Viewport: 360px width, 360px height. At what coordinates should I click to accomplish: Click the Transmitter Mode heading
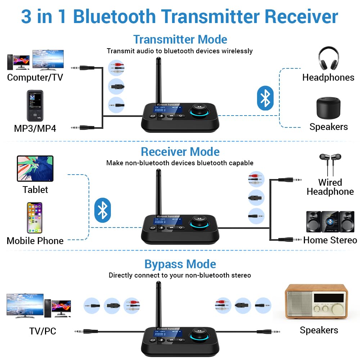click(x=180, y=39)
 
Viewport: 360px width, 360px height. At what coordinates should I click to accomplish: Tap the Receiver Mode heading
click(x=180, y=152)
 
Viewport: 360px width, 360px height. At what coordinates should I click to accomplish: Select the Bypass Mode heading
click(x=180, y=264)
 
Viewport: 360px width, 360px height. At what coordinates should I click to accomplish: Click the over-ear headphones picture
click(x=328, y=58)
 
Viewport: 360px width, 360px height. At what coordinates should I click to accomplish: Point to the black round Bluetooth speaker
click(x=328, y=107)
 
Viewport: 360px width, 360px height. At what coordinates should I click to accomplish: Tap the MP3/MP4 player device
click(x=35, y=105)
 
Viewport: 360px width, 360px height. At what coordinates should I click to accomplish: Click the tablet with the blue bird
click(x=35, y=168)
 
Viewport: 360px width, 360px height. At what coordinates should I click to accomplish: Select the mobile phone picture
click(x=35, y=217)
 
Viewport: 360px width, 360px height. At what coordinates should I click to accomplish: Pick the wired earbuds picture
click(x=330, y=163)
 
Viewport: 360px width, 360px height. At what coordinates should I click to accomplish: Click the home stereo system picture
click(x=330, y=221)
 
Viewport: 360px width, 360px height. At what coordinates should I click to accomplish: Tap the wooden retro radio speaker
click(x=316, y=302)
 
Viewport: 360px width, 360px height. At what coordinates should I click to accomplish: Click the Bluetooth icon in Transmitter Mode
click(x=265, y=98)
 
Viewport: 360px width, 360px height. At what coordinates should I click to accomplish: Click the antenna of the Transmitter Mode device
click(x=158, y=79)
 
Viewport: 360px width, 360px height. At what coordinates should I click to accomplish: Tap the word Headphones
click(x=328, y=77)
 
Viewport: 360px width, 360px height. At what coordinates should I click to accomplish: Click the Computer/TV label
click(x=35, y=77)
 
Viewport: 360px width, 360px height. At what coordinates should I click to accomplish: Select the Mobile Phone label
click(x=35, y=240)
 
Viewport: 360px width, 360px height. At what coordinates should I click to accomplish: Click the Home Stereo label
click(x=330, y=240)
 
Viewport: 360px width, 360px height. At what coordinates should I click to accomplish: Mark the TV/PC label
click(x=42, y=331)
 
